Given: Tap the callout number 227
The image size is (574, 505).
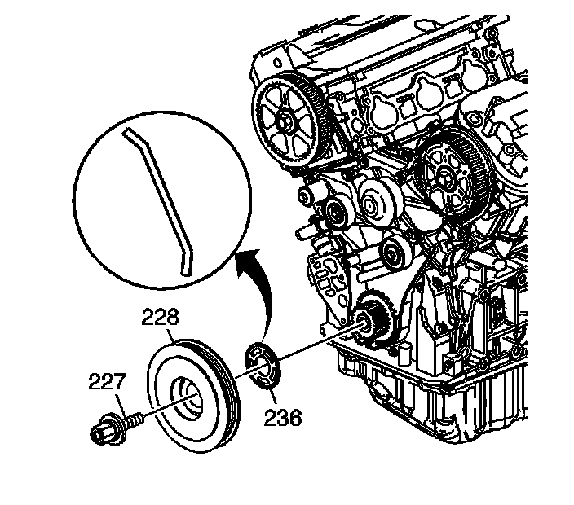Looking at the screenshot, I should coord(108,381).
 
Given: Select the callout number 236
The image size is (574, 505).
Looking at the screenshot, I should coord(282,418).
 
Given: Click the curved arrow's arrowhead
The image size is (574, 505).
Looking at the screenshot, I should coord(244,259).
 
